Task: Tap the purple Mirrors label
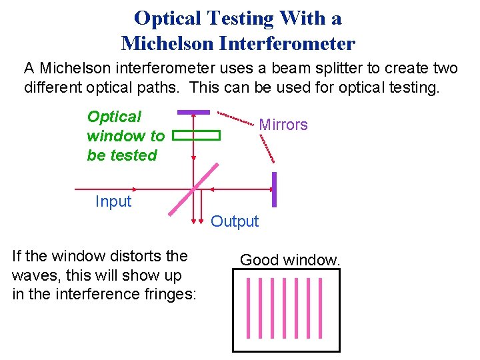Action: (x=283, y=125)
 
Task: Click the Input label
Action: (x=113, y=201)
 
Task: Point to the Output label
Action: (x=235, y=222)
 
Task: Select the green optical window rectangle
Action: (x=196, y=135)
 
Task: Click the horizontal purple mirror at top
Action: (x=194, y=112)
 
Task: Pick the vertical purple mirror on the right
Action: (x=274, y=190)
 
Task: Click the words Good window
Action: (x=290, y=260)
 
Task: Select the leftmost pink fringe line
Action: (x=247, y=307)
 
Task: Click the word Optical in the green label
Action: (x=115, y=117)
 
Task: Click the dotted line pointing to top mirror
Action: (x=237, y=118)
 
